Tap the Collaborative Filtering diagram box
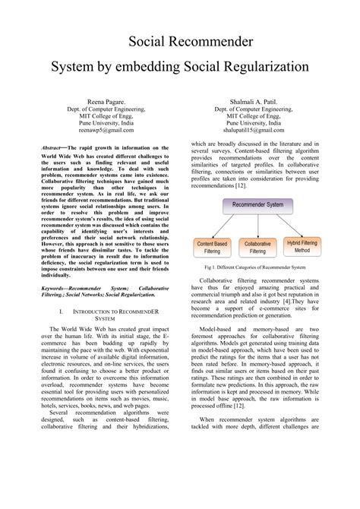(x=258, y=246)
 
